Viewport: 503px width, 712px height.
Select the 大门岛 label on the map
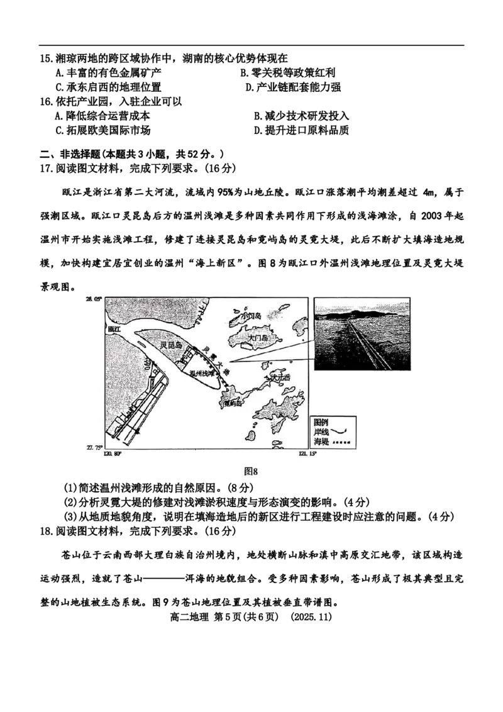258,338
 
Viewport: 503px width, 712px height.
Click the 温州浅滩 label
202,373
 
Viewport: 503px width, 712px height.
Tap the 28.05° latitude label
93,299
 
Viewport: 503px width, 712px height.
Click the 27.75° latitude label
93,447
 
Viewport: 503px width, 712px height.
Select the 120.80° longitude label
112,454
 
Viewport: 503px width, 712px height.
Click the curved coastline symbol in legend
341,432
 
